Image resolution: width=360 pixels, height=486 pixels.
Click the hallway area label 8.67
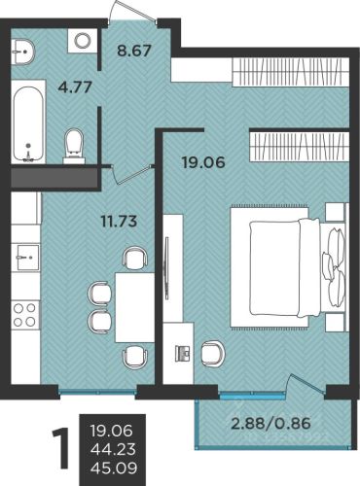pyautogui.click(x=134, y=51)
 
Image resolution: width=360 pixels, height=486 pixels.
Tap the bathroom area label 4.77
pyautogui.click(x=75, y=87)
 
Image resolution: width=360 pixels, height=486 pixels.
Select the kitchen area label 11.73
pyautogui.click(x=119, y=222)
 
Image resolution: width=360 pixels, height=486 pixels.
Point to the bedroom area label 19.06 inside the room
pyautogui.click(x=203, y=162)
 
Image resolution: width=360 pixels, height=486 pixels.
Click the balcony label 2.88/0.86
pyautogui.click(x=270, y=424)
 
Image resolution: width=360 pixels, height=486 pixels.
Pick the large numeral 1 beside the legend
pyautogui.click(x=61, y=448)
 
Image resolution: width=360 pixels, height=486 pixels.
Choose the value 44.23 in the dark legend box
pyautogui.click(x=114, y=449)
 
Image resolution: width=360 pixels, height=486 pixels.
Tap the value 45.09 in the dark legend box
pyautogui.click(x=114, y=468)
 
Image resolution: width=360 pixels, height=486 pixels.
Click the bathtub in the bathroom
pyautogui.click(x=28, y=123)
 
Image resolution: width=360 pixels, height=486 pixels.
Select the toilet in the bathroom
pyautogui.click(x=74, y=146)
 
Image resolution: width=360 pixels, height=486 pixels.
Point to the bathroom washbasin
pyautogui.click(x=22, y=52)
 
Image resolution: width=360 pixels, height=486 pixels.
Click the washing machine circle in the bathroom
pyautogui.click(x=83, y=41)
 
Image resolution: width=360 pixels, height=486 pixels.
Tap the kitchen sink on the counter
pyautogui.click(x=27, y=258)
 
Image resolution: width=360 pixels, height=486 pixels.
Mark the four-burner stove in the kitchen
pyautogui.click(x=25, y=315)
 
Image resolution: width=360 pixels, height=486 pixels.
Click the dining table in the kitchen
pyautogui.click(x=135, y=308)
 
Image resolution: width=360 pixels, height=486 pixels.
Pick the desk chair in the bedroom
pyautogui.click(x=212, y=354)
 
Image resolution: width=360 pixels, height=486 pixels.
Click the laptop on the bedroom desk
pyautogui.click(x=183, y=353)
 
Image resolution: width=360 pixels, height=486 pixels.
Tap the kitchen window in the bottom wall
pyautogui.click(x=97, y=391)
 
